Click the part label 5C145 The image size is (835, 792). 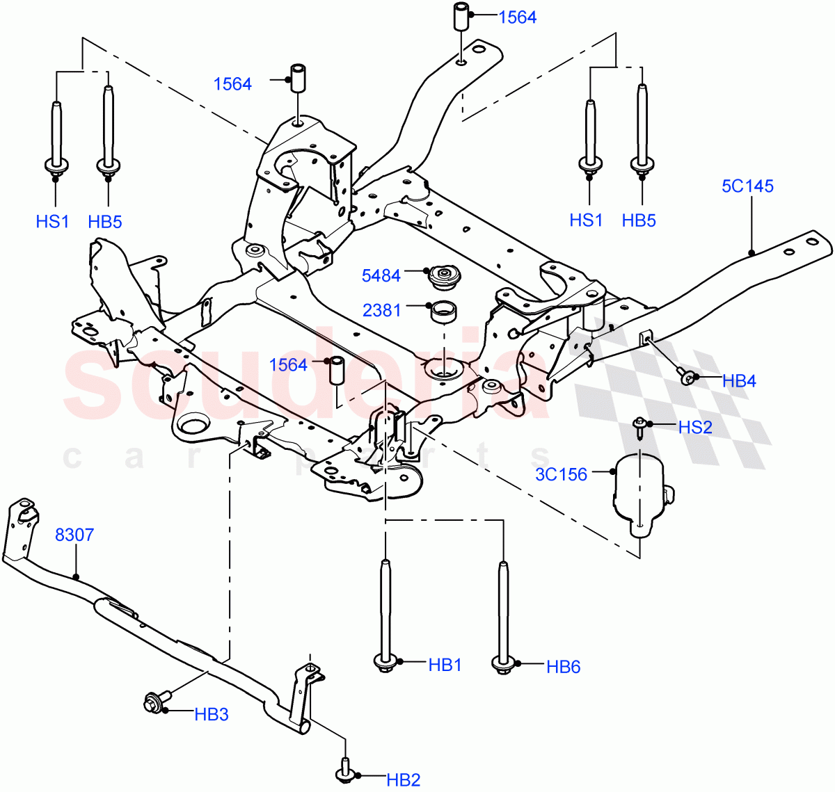[x=747, y=186]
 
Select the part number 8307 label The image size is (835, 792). [x=74, y=535]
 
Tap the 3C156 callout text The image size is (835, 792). [x=561, y=474]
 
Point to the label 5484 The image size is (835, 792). [x=381, y=275]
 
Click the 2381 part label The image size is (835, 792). [x=381, y=309]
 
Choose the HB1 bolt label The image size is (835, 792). [x=445, y=665]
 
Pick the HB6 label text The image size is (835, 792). [x=563, y=667]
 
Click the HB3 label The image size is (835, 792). [x=212, y=714]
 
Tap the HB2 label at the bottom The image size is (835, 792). [x=404, y=780]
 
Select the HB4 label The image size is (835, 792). [x=739, y=380]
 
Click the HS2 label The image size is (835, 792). [x=695, y=427]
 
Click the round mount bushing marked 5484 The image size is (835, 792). [x=441, y=277]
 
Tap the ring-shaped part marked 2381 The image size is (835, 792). [x=444, y=311]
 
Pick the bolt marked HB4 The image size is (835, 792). [x=687, y=377]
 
